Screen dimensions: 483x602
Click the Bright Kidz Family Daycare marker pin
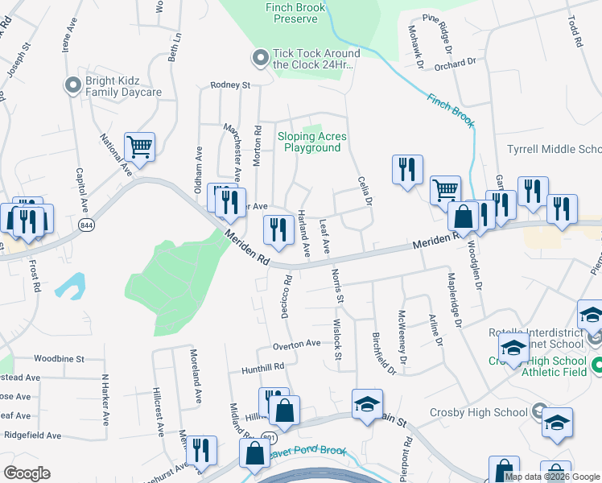[x=73, y=83]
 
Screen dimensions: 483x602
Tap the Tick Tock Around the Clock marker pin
[x=260, y=58]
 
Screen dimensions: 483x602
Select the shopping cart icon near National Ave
[x=140, y=147]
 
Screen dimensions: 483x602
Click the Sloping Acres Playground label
[x=312, y=142]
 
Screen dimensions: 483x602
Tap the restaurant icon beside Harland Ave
[x=278, y=230]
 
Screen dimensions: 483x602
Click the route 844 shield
[x=87, y=227]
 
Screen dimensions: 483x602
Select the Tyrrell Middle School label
[x=554, y=150]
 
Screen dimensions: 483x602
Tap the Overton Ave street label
[x=296, y=344]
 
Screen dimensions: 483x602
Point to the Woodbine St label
[x=60, y=358]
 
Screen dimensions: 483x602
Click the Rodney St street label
[x=230, y=85]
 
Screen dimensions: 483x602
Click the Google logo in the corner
[x=27, y=473]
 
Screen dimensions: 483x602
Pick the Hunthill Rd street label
[x=263, y=367]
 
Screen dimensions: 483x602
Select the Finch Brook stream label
[x=451, y=112]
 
